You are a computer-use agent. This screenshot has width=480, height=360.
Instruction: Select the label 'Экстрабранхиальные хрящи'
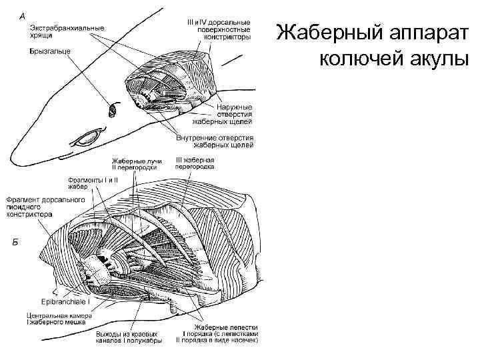(x=66, y=31)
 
